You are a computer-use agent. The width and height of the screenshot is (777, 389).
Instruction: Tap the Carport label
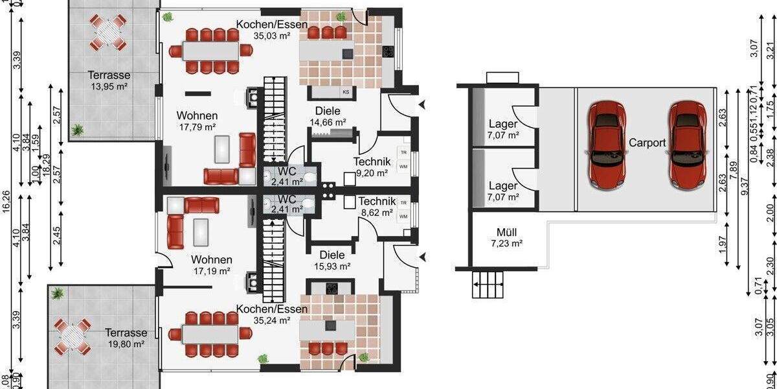click(x=646, y=143)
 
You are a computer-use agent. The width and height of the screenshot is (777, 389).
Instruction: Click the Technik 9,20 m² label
click(x=371, y=167)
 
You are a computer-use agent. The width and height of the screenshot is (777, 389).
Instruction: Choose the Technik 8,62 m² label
click(x=376, y=206)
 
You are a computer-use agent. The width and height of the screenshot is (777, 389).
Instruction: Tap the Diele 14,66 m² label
click(x=327, y=116)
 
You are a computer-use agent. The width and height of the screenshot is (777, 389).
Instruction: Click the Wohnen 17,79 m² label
click(x=197, y=121)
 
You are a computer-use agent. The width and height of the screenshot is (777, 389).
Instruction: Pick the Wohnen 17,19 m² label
click(x=211, y=265)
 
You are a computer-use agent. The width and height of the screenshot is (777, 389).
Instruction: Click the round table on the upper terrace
click(x=107, y=32)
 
